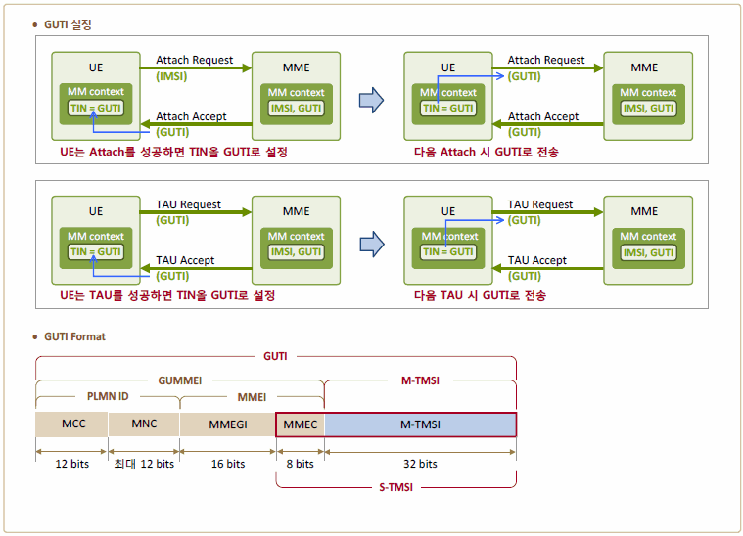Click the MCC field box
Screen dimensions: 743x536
71,424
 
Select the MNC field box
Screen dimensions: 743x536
144,424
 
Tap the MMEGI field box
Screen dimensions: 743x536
228,424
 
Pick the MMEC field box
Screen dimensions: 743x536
301,424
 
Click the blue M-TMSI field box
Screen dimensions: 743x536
420,424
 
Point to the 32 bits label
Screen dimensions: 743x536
420,464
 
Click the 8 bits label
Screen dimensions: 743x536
300,464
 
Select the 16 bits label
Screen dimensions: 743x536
228,464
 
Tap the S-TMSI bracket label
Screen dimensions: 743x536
395,488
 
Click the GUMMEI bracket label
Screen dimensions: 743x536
180,380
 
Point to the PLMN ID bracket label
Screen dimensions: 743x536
108,396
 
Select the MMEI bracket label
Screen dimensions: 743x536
252,397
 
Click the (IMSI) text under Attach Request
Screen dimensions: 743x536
171,76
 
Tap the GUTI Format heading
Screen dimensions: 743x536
74,336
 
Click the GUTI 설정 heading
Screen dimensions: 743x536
68,24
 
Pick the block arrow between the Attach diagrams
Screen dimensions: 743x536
372,100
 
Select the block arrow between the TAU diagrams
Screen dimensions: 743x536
372,245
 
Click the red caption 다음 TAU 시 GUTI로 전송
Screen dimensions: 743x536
480,296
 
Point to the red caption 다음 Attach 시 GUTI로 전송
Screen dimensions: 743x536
487,152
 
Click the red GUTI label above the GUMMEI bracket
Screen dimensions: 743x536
275,356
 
